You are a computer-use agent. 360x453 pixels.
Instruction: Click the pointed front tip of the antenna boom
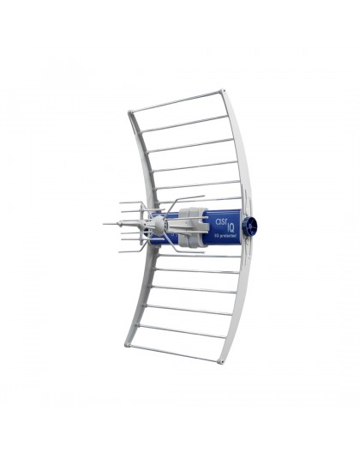point(105,224)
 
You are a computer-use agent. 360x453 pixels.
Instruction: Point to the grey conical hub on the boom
point(153,225)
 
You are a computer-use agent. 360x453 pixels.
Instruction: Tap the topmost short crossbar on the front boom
point(130,203)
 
